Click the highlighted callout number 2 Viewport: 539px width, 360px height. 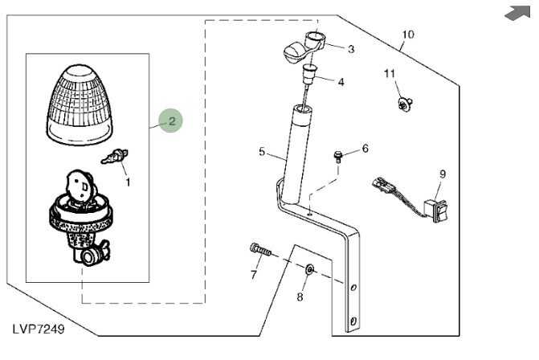click(x=170, y=121)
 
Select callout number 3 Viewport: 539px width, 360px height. click(x=350, y=49)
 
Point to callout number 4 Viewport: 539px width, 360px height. click(x=341, y=81)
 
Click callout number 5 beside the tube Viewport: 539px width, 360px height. click(x=262, y=150)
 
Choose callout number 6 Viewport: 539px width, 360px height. click(x=365, y=149)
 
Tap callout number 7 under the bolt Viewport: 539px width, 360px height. click(x=254, y=275)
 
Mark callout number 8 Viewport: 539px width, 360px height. click(x=300, y=297)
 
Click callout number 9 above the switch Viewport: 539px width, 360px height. click(x=442, y=174)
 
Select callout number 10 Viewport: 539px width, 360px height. click(x=408, y=35)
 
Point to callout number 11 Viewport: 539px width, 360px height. click(x=390, y=74)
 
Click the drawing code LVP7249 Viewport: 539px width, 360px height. click(x=38, y=329)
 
